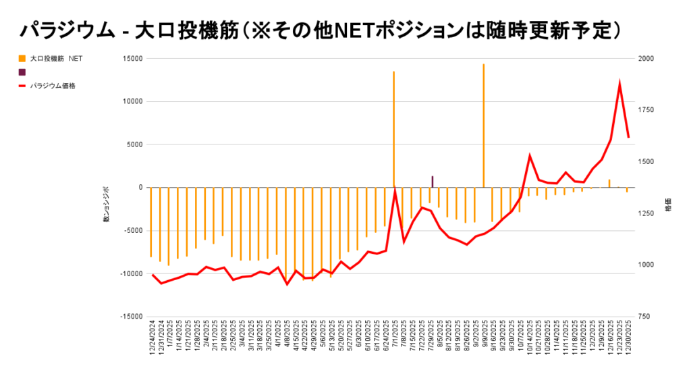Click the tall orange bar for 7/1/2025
point(393,128)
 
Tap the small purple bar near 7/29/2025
point(432,181)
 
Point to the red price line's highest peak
point(619,84)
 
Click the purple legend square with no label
point(22,72)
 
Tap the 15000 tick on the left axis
point(133,59)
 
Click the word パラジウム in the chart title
point(61,30)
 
